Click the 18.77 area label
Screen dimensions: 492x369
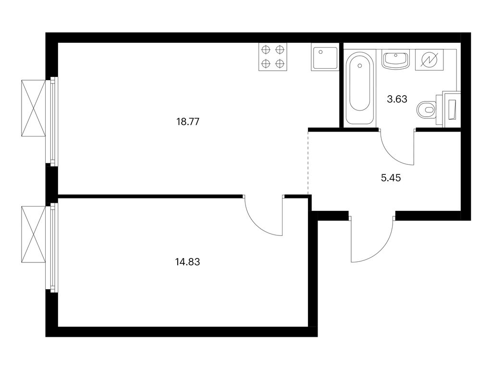pyautogui.click(x=188, y=122)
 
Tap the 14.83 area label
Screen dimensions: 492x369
pyautogui.click(x=187, y=262)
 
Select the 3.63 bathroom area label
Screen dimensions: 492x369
pyautogui.click(x=397, y=99)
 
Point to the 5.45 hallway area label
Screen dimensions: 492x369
pyautogui.click(x=391, y=178)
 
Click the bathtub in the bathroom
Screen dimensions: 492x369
pyautogui.click(x=360, y=88)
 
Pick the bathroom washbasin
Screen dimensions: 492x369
pyautogui.click(x=396, y=60)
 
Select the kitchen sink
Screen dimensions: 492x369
pyautogui.click(x=325, y=57)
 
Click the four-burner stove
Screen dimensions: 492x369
pyautogui.click(x=273, y=57)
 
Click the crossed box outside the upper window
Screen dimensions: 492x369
pyautogui.click(x=34, y=108)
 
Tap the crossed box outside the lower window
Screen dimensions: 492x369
pyautogui.click(x=34, y=234)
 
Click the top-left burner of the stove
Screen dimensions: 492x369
pyautogui.click(x=266, y=50)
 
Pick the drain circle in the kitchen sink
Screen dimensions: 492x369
pyautogui.click(x=320, y=52)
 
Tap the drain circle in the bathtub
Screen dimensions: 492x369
pyautogui.click(x=360, y=65)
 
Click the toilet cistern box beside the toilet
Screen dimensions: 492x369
pyautogui.click(x=451, y=109)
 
